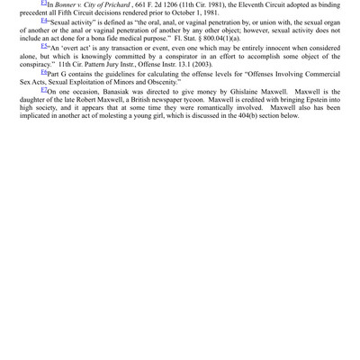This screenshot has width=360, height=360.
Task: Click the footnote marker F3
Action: [x=45, y=4]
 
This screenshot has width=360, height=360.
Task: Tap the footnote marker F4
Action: [x=45, y=20]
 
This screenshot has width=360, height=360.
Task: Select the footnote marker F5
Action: [x=45, y=46]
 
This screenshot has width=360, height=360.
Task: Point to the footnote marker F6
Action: [x=45, y=71]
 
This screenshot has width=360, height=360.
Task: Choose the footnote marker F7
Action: [x=45, y=89]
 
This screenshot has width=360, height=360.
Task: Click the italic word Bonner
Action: [x=69, y=5]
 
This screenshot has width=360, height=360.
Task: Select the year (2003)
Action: [x=200, y=64]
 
